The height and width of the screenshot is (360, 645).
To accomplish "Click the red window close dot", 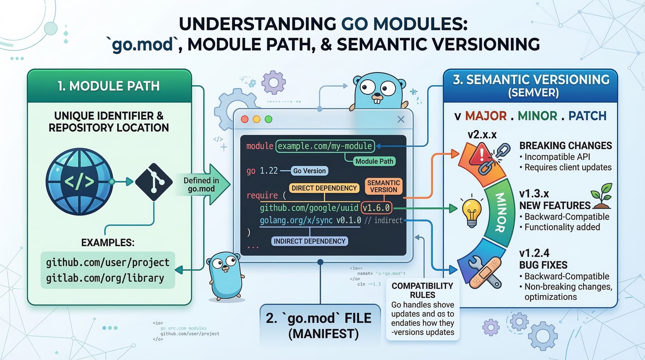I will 245,119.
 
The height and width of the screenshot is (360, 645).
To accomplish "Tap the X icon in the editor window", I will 401,119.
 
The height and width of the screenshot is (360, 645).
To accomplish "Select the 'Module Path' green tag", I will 374,161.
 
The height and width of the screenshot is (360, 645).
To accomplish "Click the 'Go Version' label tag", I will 309,171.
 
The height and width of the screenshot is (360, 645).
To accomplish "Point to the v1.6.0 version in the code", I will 376,208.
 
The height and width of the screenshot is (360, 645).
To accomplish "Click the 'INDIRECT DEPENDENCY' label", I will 309,241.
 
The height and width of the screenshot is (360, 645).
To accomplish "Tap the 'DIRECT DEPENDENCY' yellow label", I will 324,188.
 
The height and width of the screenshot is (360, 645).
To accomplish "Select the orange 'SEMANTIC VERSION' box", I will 383,186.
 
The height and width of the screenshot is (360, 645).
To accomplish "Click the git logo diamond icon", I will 154,182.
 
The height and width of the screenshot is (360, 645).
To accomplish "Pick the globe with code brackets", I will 79,182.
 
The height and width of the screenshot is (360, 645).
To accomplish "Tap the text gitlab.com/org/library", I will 105,278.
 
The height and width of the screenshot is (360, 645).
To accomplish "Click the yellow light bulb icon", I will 472,211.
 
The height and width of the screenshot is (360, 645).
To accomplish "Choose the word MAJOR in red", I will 486,116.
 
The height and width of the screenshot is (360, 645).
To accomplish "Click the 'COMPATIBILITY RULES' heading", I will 422,290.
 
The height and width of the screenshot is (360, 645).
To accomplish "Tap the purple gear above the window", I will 273,83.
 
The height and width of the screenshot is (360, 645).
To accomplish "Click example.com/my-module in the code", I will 325,146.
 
